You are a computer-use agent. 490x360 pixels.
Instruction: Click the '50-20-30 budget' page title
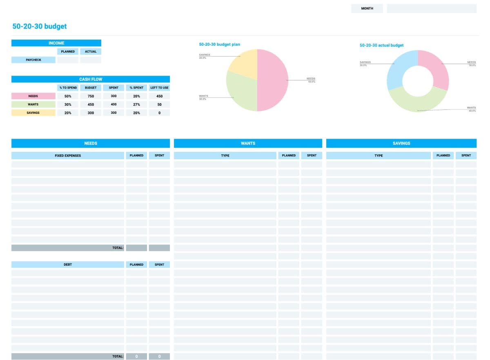coord(40,27)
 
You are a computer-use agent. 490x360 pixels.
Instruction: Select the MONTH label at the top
coord(367,9)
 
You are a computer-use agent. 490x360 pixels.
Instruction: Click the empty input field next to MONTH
coord(431,9)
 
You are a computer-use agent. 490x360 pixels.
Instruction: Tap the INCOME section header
coord(56,43)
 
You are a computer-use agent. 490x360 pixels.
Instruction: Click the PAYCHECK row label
coord(33,60)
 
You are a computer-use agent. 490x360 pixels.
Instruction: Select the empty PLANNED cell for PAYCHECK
coord(68,60)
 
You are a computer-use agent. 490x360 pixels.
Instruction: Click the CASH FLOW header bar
coord(91,79)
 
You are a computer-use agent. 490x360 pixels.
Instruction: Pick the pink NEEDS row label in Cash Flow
coord(33,96)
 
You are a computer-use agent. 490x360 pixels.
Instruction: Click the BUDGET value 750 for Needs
coord(91,96)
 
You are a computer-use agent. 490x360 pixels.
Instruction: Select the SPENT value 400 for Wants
coord(114,104)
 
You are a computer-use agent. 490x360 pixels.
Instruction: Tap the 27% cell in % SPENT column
coord(136,104)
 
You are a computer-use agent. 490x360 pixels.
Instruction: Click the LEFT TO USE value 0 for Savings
coord(159,113)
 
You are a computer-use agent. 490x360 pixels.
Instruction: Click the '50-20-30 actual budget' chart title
coord(381,45)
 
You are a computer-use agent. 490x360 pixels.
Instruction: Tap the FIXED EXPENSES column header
coord(68,156)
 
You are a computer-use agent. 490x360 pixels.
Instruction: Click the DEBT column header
coord(68,264)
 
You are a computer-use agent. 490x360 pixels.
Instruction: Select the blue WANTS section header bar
coord(248,143)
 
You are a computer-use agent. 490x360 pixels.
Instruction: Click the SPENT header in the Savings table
coord(466,156)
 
